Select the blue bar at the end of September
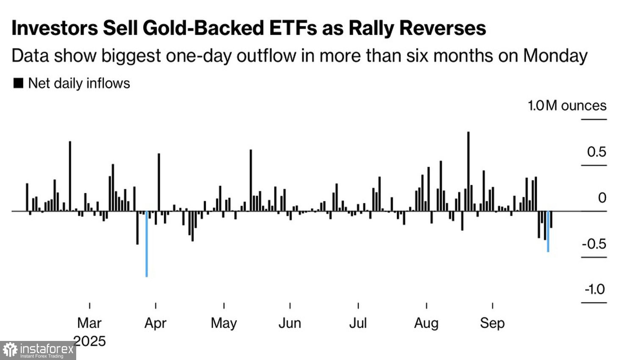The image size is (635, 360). coord(548,231)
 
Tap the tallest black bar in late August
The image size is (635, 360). coord(468,171)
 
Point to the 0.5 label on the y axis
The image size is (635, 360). coord(596,152)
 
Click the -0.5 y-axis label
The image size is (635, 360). coord(594,244)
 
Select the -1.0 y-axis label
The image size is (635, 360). coord(595,290)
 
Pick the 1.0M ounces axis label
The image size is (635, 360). coord(567,105)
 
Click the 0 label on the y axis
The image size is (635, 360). coord(602,198)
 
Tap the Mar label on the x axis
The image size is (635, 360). coord(89,323)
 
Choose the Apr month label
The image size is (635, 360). coord(155,323)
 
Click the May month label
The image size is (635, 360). coord(224,323)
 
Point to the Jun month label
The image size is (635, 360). coord(290,323)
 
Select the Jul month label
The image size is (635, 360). coord(358,323)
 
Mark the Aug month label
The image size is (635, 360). coord(426,323)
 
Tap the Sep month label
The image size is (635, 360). coord(492,323)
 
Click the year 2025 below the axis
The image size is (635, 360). coord(89,341)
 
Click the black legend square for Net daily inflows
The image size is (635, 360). coord(18,83)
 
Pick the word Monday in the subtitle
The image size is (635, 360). coord(555,56)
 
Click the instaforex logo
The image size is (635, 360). coord(38,351)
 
